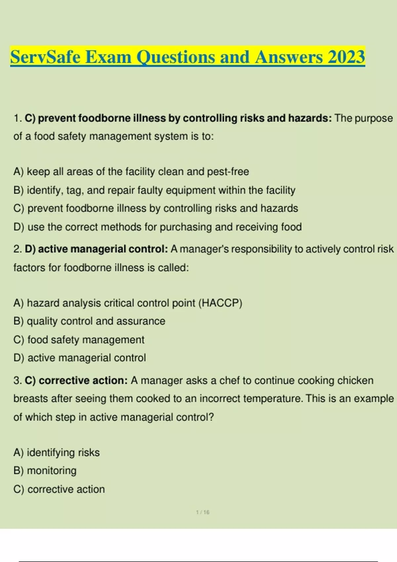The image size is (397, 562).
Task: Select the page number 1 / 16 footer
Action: coord(202,512)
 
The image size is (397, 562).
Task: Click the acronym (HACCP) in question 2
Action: coord(220,303)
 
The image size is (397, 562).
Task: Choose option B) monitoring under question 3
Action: coord(45,470)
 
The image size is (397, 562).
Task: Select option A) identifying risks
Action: coord(57,452)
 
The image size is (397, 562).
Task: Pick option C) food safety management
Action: coord(79,340)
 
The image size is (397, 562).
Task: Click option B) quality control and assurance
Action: coord(89,321)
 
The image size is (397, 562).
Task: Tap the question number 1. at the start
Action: coord(18,118)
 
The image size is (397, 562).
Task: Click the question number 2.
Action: coord(18,249)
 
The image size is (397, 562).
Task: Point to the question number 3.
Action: coord(18,381)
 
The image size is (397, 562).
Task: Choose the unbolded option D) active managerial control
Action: coord(80,358)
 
